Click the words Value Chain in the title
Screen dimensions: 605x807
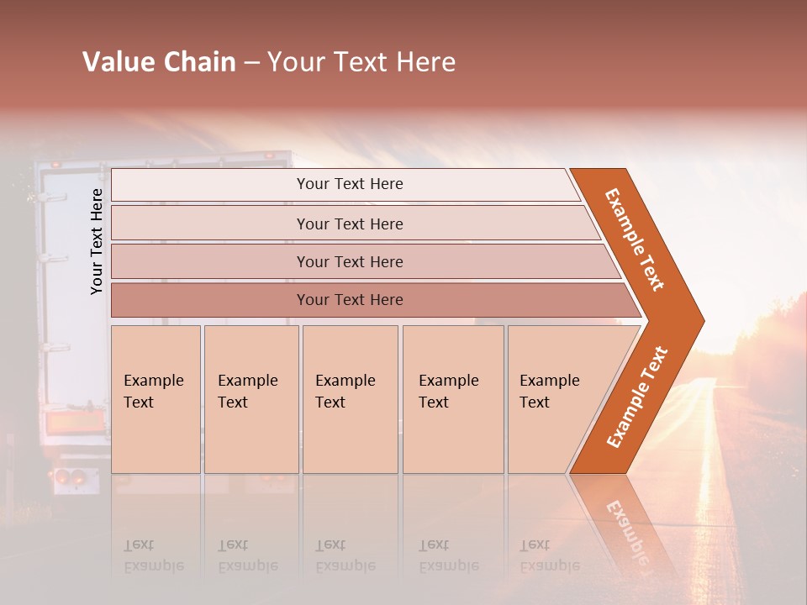(159, 62)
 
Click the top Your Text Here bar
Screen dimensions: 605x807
(349, 184)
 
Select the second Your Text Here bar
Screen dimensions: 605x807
(349, 224)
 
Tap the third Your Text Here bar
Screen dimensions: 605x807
(349, 261)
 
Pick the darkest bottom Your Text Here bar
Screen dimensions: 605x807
(349, 300)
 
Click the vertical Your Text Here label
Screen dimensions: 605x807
(97, 241)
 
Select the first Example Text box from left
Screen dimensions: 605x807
(156, 398)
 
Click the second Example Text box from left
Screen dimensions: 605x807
(251, 398)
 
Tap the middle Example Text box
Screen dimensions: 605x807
(350, 398)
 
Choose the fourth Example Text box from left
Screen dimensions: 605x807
(453, 398)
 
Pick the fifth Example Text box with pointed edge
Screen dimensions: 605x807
(555, 398)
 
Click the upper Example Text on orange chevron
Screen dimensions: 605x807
(634, 239)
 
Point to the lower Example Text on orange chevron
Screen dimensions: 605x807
(636, 397)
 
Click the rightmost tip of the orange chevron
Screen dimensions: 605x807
(702, 320)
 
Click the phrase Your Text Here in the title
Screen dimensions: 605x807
(361, 62)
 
